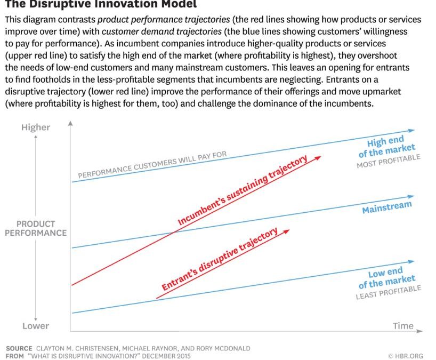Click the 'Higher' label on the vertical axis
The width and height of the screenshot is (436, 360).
(x=35, y=127)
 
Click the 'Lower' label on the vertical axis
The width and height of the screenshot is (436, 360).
(x=35, y=326)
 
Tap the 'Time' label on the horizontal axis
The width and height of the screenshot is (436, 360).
(x=403, y=326)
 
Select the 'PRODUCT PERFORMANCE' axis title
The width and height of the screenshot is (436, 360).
(x=36, y=228)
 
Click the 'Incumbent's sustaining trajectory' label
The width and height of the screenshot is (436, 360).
(x=243, y=192)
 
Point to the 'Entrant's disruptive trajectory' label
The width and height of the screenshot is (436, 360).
(x=220, y=259)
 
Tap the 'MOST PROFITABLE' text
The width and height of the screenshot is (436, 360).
(x=388, y=161)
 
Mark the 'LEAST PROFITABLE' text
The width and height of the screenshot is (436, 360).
(x=388, y=292)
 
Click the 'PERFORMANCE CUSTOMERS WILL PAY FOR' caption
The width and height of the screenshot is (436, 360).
(x=152, y=165)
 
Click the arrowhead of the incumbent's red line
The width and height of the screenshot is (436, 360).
(x=319, y=156)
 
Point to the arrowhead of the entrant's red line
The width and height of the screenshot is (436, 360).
(x=287, y=230)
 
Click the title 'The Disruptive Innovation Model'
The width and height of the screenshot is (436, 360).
(x=101, y=4)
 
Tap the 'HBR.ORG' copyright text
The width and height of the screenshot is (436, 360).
(x=407, y=355)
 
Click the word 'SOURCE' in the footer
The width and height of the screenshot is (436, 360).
(x=19, y=348)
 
